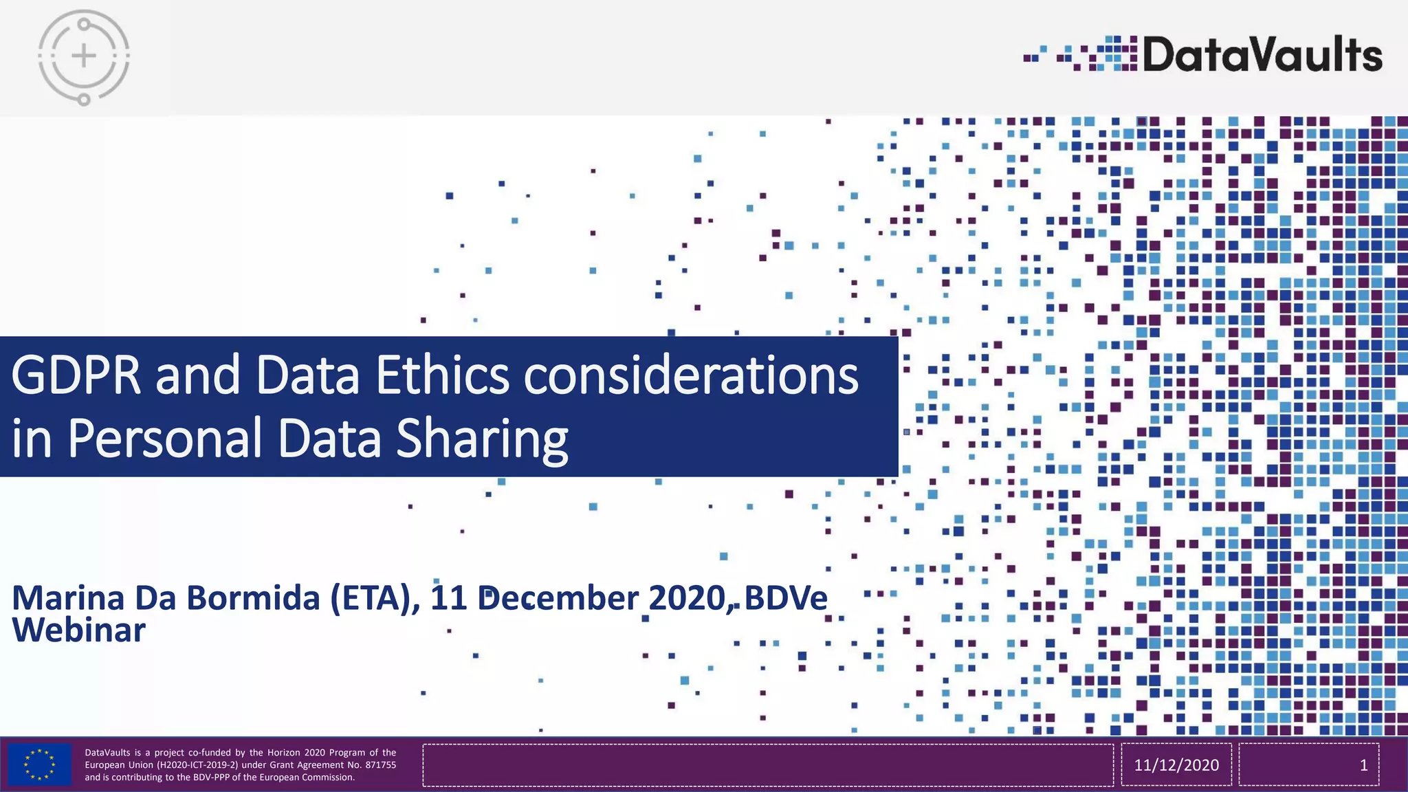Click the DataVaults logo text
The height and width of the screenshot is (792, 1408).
[1262, 55]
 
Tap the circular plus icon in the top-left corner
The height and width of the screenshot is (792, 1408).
[84, 56]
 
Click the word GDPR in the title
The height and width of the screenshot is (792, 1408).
[76, 376]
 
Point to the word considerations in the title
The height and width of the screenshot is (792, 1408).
[691, 376]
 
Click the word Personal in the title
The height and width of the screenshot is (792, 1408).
[164, 438]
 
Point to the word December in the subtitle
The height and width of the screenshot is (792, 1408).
[558, 598]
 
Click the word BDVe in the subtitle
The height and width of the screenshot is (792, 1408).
[785, 598]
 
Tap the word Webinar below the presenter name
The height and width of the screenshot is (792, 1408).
[79, 630]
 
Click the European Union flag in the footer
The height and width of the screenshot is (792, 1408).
[40, 764]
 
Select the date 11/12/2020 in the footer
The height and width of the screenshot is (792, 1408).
[1176, 765]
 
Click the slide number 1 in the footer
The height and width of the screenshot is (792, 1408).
[1363, 765]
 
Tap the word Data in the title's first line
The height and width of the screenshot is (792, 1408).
[307, 376]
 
